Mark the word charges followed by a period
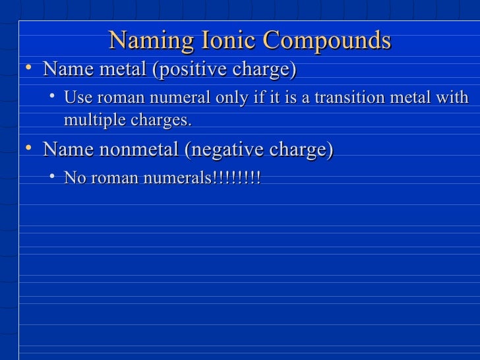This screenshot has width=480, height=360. point(159,121)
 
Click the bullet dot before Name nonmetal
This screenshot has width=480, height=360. point(24,148)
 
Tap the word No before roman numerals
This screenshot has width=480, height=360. point(74,178)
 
